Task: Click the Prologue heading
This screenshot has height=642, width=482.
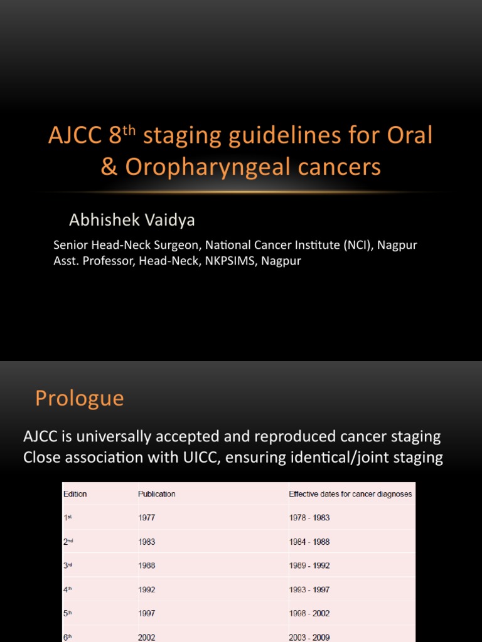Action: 79,398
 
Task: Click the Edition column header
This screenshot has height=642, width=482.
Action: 75,494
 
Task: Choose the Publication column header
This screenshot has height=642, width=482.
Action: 157,494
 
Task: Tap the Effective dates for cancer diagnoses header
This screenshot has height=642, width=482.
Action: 350,494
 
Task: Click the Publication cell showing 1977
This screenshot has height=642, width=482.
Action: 146,518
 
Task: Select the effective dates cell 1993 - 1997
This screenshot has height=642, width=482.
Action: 309,589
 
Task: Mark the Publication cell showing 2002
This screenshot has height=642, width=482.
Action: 146,637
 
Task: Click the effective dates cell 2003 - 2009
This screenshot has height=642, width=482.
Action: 309,637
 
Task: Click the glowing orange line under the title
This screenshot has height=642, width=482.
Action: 241,191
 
